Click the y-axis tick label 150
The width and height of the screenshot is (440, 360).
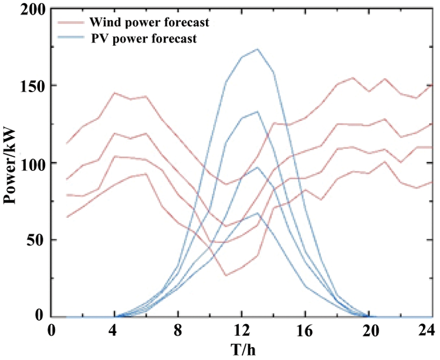click(29, 86)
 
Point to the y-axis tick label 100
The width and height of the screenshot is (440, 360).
click(29, 163)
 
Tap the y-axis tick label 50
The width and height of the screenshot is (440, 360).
click(33, 240)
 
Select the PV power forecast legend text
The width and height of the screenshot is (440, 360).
click(143, 39)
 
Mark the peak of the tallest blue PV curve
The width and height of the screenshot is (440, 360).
click(258, 49)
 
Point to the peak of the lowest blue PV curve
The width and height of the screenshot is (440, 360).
click(258, 213)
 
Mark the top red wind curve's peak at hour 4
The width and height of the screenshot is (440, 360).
click(114, 93)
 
